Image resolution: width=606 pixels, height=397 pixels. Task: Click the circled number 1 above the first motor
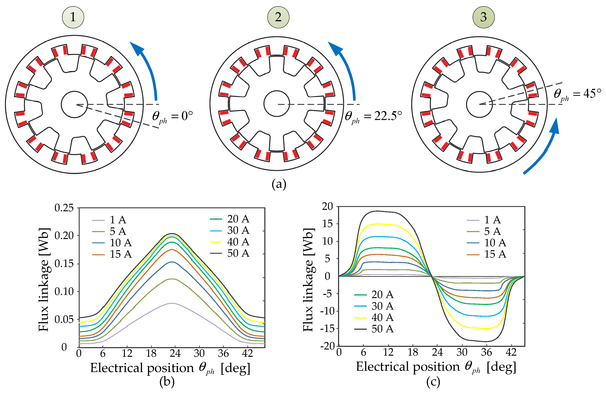(73, 17)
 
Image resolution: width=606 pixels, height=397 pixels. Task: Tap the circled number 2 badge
(278, 17)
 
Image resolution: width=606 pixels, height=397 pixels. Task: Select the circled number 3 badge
(484, 17)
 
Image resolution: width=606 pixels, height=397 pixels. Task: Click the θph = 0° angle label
(172, 117)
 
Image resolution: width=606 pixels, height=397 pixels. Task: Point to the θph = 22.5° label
(373, 117)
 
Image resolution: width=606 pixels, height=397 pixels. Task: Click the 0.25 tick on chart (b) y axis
(64, 208)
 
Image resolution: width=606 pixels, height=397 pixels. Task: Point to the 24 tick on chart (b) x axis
(175, 353)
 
